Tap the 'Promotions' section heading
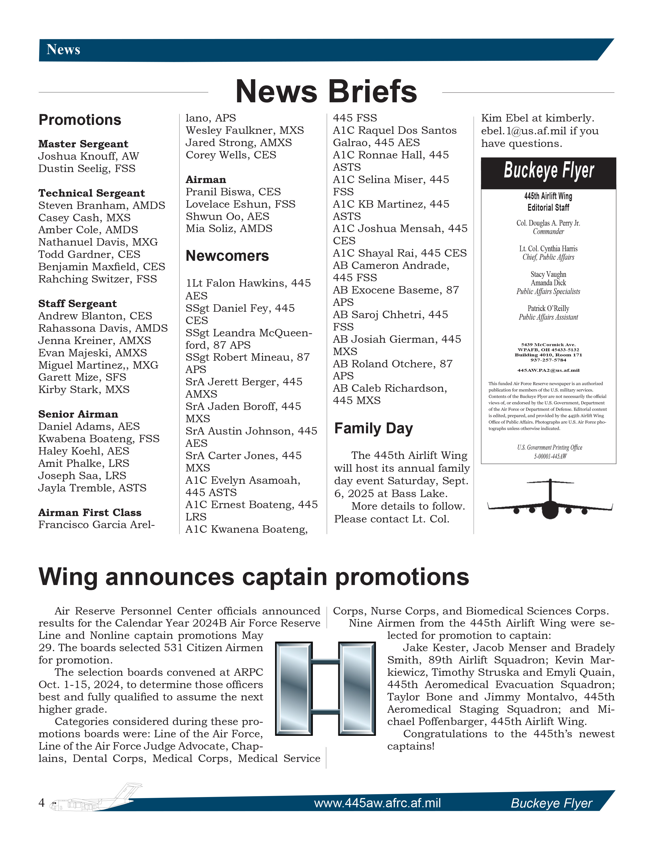(x=80, y=120)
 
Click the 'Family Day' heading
(x=373, y=428)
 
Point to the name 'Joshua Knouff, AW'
(x=88, y=156)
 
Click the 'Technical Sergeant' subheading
(x=92, y=193)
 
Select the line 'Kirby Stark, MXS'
(x=84, y=389)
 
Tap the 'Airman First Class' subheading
(x=90, y=512)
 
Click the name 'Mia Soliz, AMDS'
(x=229, y=228)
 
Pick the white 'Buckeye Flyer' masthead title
(x=549, y=171)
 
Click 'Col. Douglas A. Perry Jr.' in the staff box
(x=548, y=223)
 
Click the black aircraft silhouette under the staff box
(x=550, y=500)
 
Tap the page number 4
(x=42, y=802)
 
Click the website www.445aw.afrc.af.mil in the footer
(x=377, y=803)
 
